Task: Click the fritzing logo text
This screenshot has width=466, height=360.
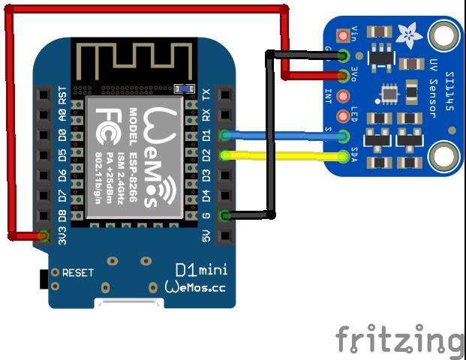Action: pyautogui.click(x=399, y=340)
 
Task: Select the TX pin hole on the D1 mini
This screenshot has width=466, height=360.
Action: pyautogui.click(x=224, y=95)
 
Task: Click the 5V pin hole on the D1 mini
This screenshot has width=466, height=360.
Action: pyautogui.click(x=224, y=237)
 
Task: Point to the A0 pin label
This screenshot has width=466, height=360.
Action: pyautogui.click(x=62, y=115)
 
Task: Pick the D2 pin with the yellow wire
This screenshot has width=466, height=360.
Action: pyautogui.click(x=224, y=156)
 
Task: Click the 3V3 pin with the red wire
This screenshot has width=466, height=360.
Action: pyautogui.click(x=44, y=237)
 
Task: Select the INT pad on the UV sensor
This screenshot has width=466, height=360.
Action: pyautogui.click(x=344, y=96)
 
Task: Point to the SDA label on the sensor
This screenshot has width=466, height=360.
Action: pyautogui.click(x=355, y=157)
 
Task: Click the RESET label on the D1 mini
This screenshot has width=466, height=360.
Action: pyautogui.click(x=78, y=273)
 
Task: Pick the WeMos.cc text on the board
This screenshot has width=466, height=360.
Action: pyautogui.click(x=195, y=287)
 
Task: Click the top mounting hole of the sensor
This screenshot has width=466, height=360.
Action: pyautogui.click(x=444, y=34)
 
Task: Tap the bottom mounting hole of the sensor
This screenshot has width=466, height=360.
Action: pyautogui.click(x=444, y=156)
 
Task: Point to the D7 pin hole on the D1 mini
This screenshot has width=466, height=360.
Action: pyautogui.click(x=44, y=196)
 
